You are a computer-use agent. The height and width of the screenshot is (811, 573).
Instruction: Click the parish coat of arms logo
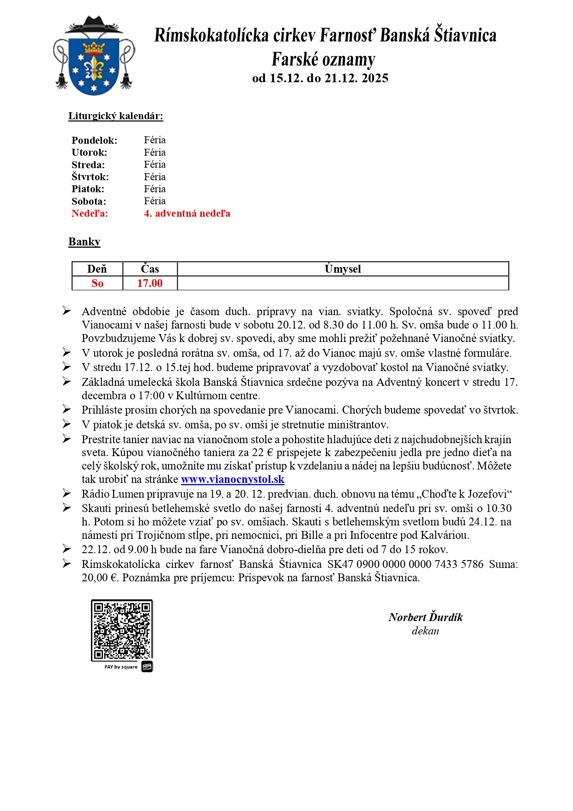[x=94, y=56]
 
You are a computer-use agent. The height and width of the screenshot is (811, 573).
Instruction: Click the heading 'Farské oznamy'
[x=323, y=60]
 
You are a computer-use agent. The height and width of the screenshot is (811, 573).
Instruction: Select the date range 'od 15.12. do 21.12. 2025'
[x=320, y=78]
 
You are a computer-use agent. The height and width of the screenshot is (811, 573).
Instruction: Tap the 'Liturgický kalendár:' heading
[x=115, y=116]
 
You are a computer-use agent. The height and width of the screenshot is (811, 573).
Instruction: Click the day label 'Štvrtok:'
[x=90, y=177]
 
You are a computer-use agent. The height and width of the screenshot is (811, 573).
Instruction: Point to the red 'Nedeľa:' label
[x=90, y=213]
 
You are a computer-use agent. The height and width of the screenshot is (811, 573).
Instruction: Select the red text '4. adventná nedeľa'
[x=187, y=213]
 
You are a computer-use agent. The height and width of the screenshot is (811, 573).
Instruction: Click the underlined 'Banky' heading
[x=84, y=242]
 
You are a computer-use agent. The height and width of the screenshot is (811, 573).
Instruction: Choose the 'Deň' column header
[x=97, y=269]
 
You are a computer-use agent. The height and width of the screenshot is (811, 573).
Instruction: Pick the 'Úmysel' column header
[x=343, y=269]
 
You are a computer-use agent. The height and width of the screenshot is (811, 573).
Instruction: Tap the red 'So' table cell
[x=97, y=283]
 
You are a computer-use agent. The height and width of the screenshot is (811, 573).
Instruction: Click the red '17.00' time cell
[x=150, y=283]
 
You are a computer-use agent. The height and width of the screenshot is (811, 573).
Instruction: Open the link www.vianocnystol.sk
[x=232, y=480]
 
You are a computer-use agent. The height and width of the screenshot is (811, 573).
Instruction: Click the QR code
[x=122, y=630]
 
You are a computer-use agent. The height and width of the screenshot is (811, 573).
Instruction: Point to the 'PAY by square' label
[x=121, y=667]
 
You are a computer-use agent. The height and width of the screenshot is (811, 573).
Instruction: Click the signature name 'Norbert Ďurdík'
[x=425, y=617]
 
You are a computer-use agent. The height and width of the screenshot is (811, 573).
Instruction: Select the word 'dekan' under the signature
[x=425, y=631]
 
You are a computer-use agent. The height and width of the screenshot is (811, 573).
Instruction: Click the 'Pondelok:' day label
[x=94, y=140]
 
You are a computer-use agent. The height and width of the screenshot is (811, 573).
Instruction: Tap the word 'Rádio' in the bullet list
[x=96, y=494]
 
